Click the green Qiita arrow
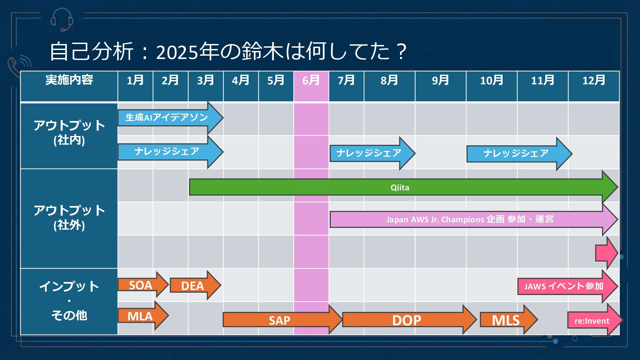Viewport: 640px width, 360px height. [400, 187]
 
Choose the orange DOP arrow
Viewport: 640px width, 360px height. [407, 320]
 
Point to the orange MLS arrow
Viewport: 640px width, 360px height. [506, 320]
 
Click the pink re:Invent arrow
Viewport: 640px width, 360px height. [592, 321]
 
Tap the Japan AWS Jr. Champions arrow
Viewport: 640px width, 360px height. [470, 219]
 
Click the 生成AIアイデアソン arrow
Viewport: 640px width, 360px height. [167, 117]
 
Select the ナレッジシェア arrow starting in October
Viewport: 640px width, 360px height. [516, 153]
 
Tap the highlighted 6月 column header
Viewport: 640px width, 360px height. [311, 80]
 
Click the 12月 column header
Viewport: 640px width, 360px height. [594, 80]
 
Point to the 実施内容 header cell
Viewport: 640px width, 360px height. [69, 80]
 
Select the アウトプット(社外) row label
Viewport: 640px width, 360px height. [69, 218]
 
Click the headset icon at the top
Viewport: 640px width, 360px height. [62, 19]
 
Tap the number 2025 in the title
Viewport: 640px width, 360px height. [177, 52]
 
